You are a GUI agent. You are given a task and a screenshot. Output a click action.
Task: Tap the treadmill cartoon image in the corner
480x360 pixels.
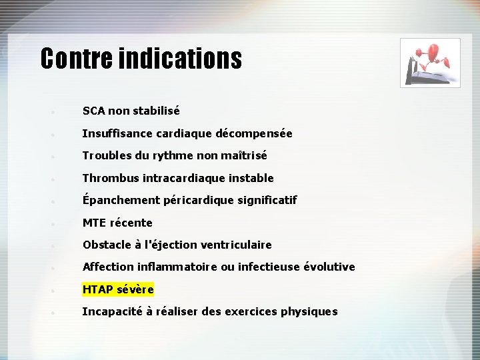point(429,63)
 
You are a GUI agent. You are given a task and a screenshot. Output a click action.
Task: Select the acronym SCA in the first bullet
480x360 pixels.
point(94,111)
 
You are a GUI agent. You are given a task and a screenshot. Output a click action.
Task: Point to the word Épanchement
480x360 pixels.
point(116,200)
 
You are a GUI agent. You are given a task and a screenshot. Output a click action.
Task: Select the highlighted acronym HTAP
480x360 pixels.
point(97,289)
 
